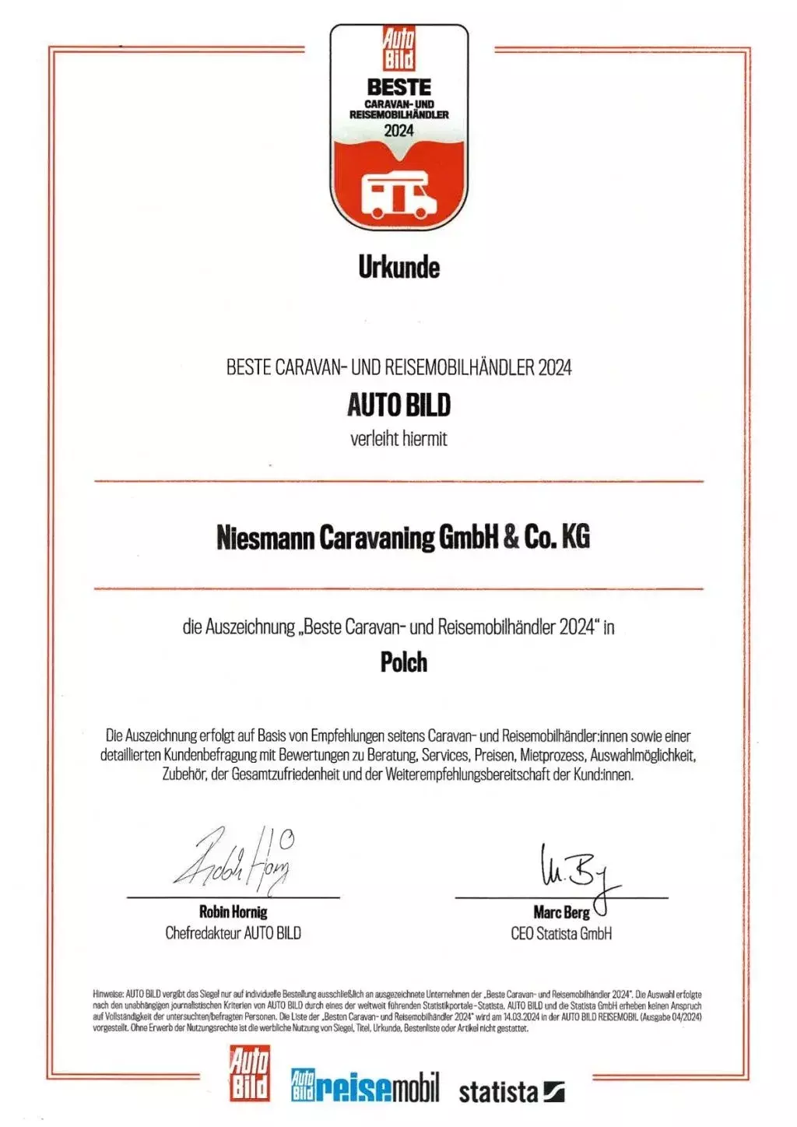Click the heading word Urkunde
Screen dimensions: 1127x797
point(398,267)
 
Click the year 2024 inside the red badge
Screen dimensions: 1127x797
point(398,131)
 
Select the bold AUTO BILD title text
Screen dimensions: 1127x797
point(398,405)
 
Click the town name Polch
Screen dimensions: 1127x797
point(403,662)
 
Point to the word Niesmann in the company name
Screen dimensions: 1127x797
point(265,537)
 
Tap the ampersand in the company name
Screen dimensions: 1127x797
point(511,537)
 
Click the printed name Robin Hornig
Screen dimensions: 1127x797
point(233,911)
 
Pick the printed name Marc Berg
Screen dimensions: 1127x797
point(561,912)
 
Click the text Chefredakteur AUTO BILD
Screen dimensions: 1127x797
point(233,932)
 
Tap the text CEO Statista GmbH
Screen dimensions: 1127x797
point(561,933)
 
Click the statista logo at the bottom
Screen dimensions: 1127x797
point(511,1091)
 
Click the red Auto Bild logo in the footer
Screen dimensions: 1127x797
point(250,1074)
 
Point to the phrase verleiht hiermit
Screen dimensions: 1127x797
point(398,439)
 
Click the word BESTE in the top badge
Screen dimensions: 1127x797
point(398,86)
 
